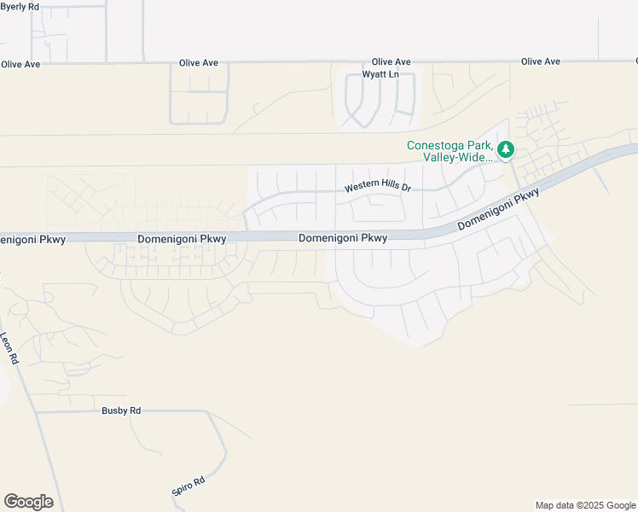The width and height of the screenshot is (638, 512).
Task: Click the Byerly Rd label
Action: click(x=20, y=7)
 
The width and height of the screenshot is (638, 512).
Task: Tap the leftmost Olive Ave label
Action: click(x=20, y=64)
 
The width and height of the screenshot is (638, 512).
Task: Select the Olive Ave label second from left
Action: click(x=199, y=63)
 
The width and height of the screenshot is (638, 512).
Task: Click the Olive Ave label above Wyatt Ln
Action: click(x=391, y=62)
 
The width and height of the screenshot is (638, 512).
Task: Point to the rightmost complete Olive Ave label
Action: click(x=541, y=61)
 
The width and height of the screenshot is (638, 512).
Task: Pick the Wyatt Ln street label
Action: click(x=380, y=74)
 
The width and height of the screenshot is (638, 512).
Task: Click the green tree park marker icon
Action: click(x=506, y=150)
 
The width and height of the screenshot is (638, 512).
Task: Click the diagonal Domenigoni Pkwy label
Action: click(x=499, y=210)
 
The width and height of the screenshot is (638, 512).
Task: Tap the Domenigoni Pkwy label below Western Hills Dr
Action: click(x=343, y=239)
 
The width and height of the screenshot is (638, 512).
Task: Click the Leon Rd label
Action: click(x=9, y=349)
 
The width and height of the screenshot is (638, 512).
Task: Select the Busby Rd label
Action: click(x=121, y=410)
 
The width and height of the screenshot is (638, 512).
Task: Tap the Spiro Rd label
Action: click(x=188, y=487)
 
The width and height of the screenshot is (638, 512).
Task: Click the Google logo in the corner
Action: click(x=28, y=502)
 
